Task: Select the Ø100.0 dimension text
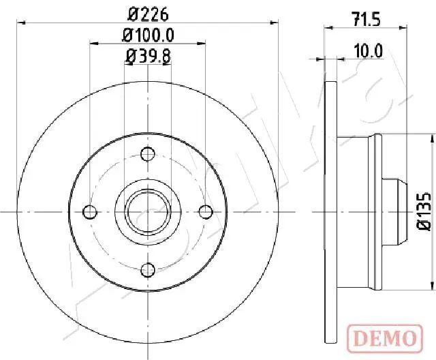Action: pos(148,34)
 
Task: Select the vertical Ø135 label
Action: pos(422,211)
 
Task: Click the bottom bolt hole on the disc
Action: pos(147,271)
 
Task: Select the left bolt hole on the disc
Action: pos(89,211)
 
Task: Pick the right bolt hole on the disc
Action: pos(206,211)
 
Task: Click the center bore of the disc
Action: pos(147,211)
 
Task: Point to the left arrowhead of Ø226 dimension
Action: pos(20,22)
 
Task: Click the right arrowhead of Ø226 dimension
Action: pos(275,22)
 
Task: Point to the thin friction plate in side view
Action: pos(332,211)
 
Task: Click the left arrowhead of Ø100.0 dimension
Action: pos(95,44)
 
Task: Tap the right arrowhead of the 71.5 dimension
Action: pos(403,27)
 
